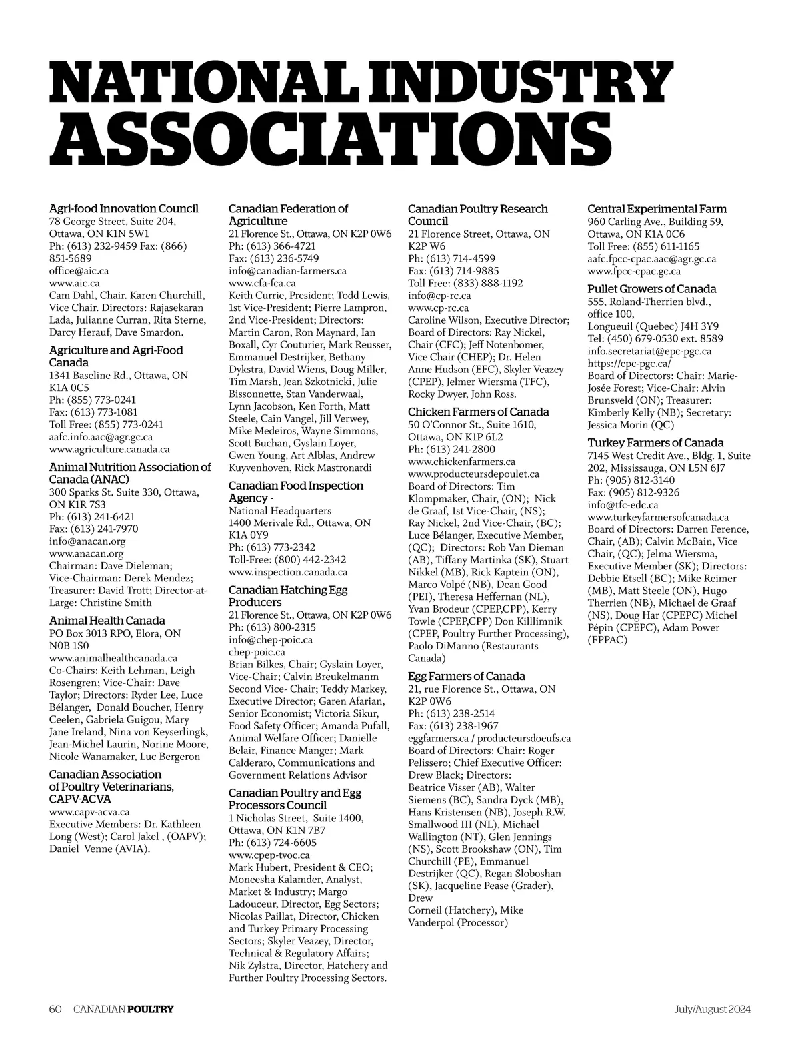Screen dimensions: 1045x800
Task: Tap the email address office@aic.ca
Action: click(79, 271)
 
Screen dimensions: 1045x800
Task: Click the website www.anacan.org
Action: click(87, 553)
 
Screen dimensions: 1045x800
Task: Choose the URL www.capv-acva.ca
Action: click(89, 812)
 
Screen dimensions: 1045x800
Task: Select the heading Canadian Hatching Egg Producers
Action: click(288, 596)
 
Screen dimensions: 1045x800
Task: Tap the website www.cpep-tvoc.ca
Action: click(269, 855)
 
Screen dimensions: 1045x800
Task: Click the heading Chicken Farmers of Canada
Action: click(479, 412)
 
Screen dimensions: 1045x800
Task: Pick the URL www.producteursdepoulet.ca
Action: click(473, 474)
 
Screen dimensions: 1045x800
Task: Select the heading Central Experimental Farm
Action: click(657, 209)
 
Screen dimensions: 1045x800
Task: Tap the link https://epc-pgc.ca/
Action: click(629, 363)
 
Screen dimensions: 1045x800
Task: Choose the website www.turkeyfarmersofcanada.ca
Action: click(658, 517)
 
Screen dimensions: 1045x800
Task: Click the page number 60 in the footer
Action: click(55, 1009)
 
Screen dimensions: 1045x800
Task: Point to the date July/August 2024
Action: click(711, 1009)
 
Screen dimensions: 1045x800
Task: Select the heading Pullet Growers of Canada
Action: click(652, 289)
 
